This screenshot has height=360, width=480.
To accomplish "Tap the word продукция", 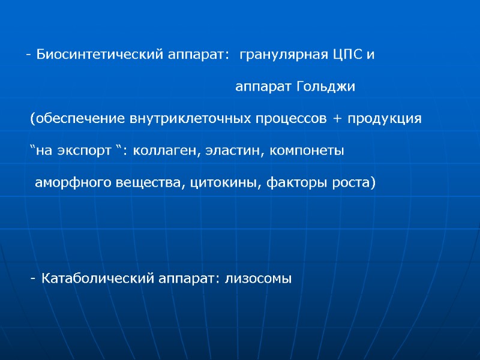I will (385, 119).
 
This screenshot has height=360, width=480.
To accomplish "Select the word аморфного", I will (71, 182).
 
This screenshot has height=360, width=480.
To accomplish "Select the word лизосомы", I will (258, 278).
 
